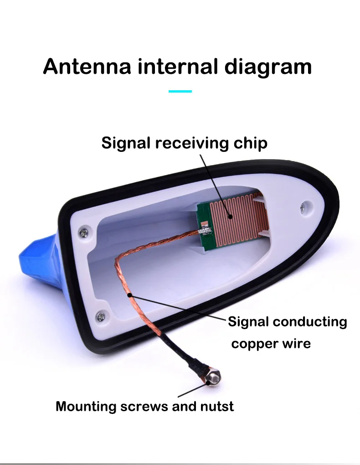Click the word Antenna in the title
pyautogui.click(x=87, y=66)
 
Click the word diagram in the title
pyautogui.click(x=268, y=67)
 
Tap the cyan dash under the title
pyautogui.click(x=180, y=92)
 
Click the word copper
pyautogui.click(x=253, y=343)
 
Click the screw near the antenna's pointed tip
pyautogui.click(x=303, y=209)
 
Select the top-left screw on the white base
pyautogui.click(x=83, y=232)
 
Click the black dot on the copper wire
pyautogui.click(x=131, y=295)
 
